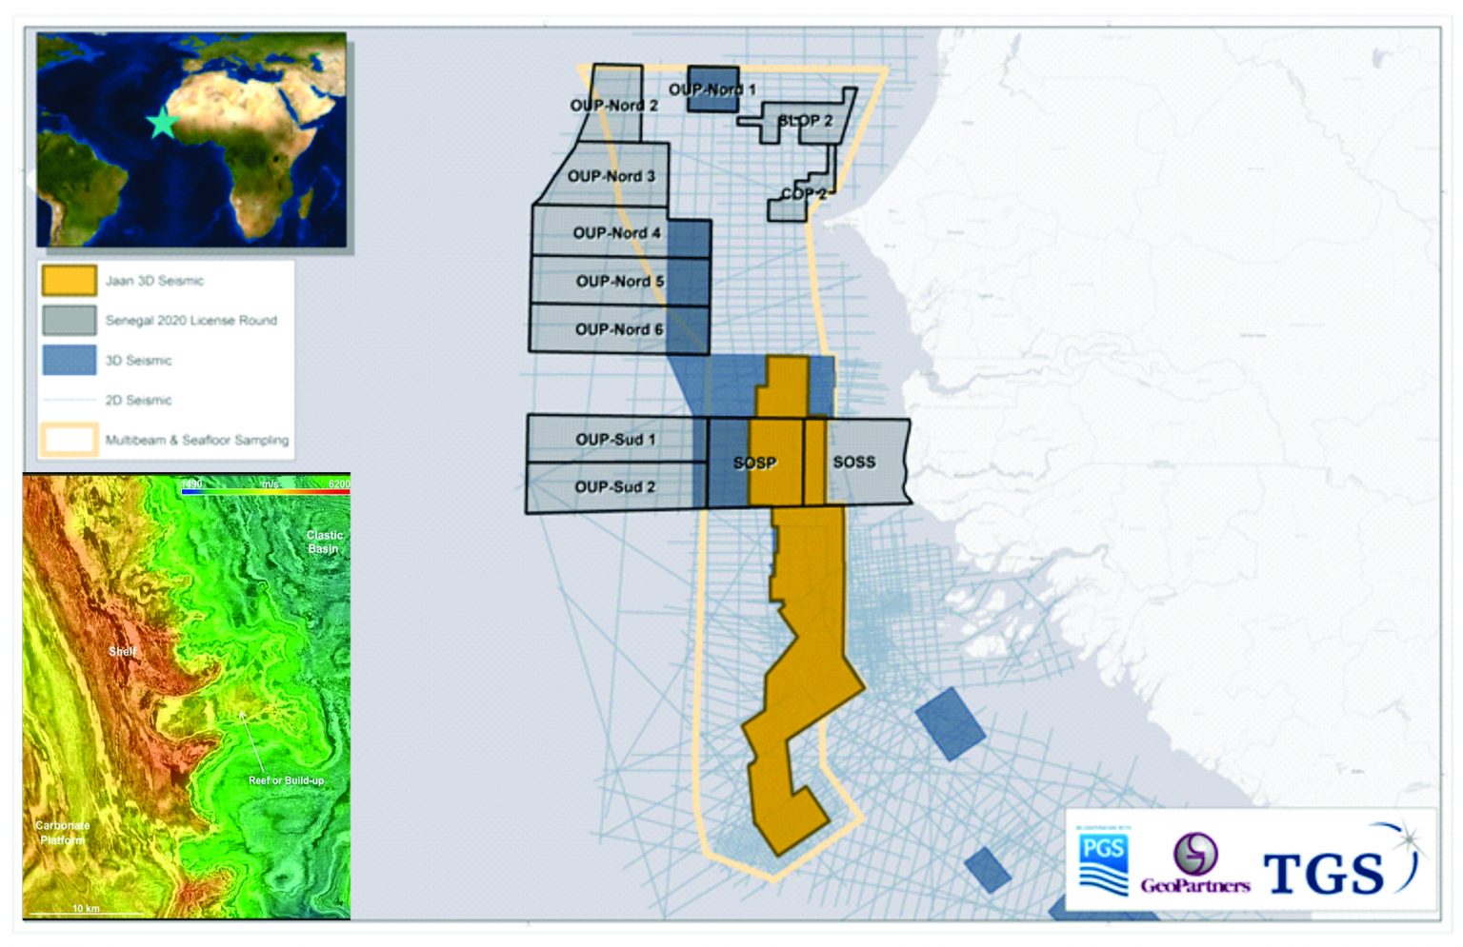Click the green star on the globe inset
162,124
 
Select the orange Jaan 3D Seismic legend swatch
69,281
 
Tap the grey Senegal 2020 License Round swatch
69,321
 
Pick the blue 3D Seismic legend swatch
69,361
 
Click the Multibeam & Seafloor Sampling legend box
69,440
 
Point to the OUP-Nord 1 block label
711,89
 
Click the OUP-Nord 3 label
611,176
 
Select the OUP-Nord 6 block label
619,329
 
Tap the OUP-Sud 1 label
615,440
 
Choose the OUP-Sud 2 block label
615,487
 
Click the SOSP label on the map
754,464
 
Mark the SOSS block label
853,462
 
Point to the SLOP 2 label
805,121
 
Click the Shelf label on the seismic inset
122,652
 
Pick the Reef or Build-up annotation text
286,780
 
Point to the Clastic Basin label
324,542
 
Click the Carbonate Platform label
63,832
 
